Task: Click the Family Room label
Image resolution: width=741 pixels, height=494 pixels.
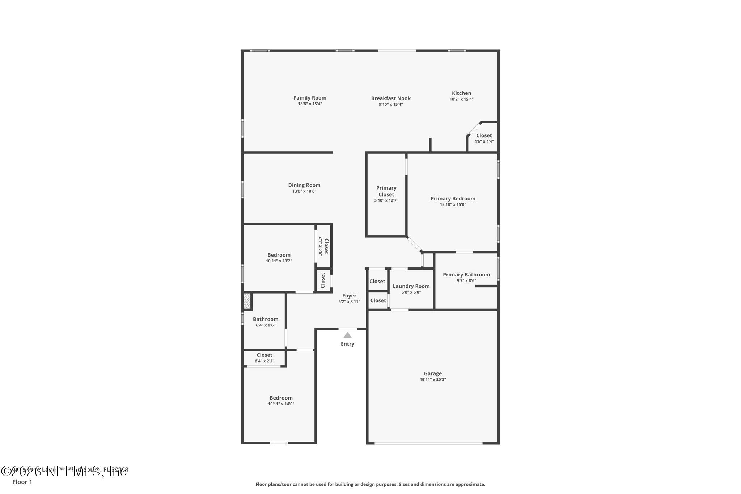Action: tap(310, 98)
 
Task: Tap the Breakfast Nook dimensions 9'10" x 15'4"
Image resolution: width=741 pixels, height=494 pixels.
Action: tap(390, 104)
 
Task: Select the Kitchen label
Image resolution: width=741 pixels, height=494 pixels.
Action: tap(461, 93)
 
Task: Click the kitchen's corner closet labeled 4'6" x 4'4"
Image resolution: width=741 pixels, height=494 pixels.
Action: tap(484, 138)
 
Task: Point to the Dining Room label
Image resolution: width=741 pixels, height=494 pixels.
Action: tap(304, 185)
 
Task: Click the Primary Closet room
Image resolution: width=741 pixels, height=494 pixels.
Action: tap(386, 194)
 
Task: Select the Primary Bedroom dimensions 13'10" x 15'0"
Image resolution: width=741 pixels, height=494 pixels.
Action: tap(453, 204)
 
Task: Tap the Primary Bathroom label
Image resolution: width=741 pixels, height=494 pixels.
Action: tap(466, 274)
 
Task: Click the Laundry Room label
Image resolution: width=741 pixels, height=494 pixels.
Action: tap(411, 286)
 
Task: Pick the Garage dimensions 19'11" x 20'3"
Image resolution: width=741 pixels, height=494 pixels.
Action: tap(433, 379)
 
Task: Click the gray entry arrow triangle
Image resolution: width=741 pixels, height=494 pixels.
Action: tap(347, 335)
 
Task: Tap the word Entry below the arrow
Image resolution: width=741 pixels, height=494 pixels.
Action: tap(347, 344)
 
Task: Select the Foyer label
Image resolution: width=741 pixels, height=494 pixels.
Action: tap(349, 296)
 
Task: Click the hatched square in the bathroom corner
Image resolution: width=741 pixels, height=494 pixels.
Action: tap(247, 301)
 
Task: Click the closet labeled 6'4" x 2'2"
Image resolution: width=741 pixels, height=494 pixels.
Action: tap(264, 358)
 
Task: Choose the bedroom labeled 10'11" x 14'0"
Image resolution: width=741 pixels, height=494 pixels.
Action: tap(281, 400)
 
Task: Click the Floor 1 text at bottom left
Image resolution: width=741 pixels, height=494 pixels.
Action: tap(22, 482)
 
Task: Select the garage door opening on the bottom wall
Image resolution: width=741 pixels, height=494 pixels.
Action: tap(428, 443)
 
